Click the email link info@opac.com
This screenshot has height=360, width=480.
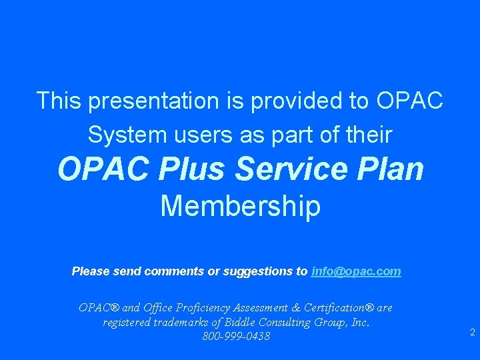[356, 271]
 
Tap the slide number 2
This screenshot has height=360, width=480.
[472, 332]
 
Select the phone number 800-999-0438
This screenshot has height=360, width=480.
[236, 337]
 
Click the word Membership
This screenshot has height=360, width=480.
[240, 207]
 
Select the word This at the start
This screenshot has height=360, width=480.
[59, 101]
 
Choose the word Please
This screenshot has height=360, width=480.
[91, 271]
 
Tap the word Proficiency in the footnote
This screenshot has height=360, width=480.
[198, 308]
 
